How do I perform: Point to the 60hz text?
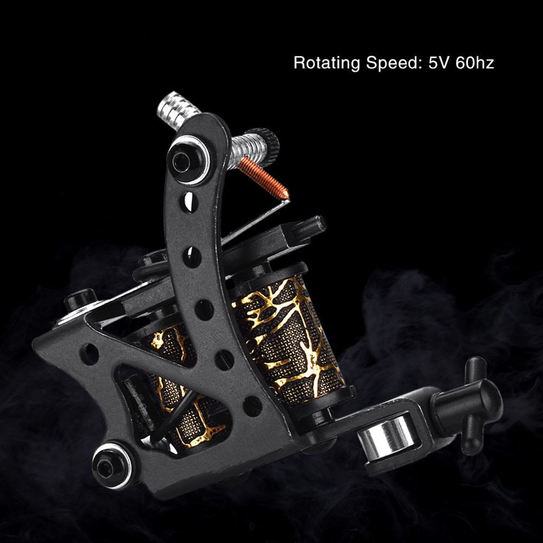click(x=475, y=63)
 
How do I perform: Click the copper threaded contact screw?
click(x=264, y=178)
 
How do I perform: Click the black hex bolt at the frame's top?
click(x=188, y=161)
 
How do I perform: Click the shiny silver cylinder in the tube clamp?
click(x=386, y=436)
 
